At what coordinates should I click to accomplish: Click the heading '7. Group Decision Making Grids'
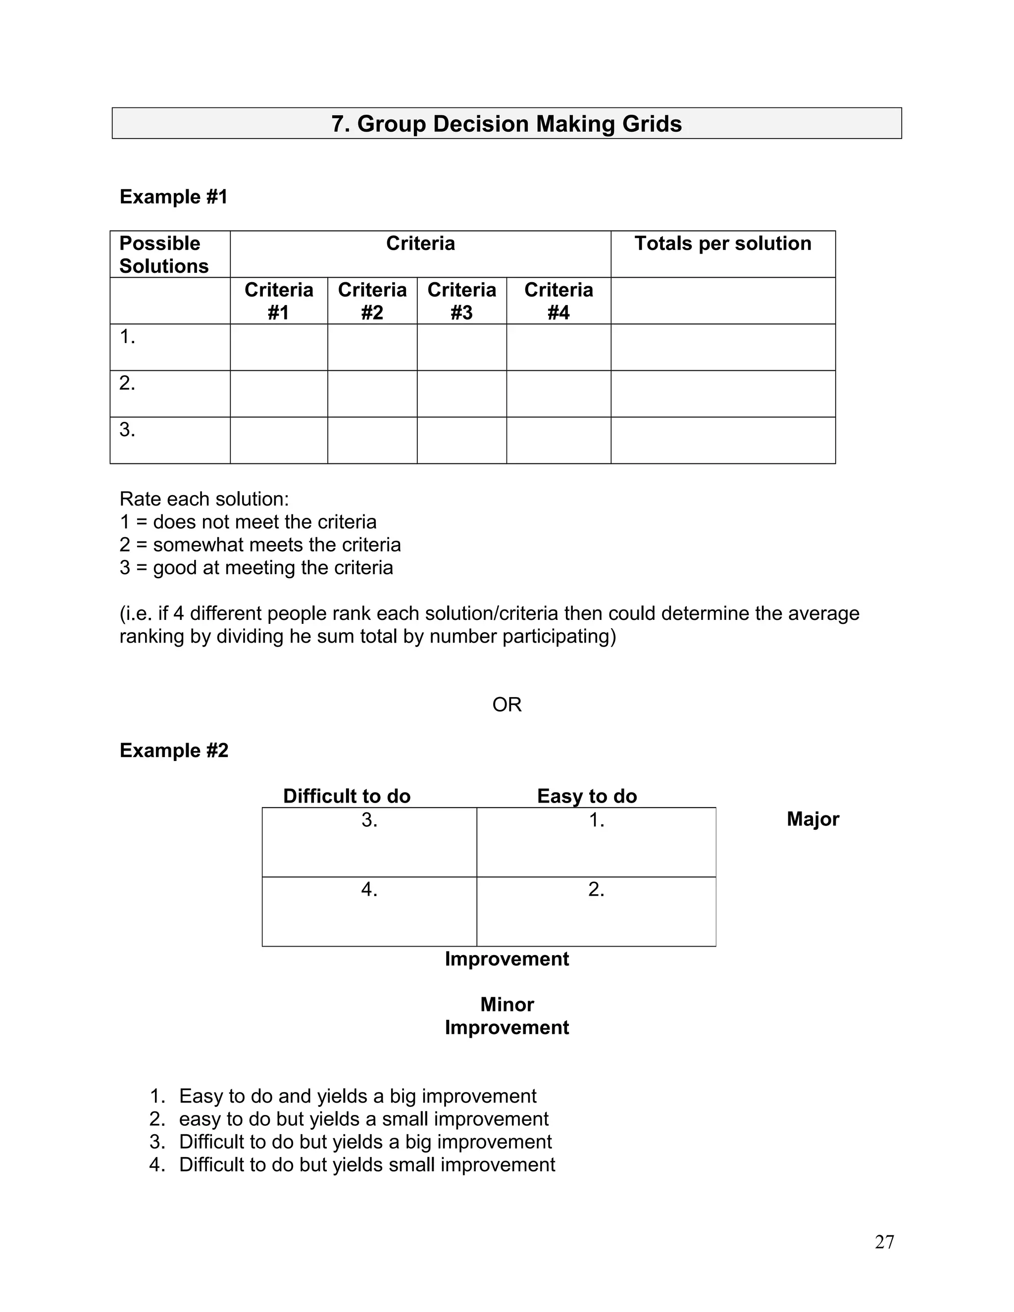[x=507, y=124]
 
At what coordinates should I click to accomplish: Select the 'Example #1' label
[x=174, y=197]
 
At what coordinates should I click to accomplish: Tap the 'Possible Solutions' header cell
[x=163, y=254]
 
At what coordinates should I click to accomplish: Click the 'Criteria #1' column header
[x=279, y=301]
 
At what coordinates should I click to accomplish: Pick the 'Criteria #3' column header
[x=461, y=301]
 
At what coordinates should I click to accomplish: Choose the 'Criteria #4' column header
[x=558, y=301]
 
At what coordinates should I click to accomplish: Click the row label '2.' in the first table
[x=127, y=383]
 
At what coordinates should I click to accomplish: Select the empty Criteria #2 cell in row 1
[x=372, y=347]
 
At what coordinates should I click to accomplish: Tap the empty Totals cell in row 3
[x=723, y=440]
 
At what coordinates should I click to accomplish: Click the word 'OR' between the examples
[x=507, y=705]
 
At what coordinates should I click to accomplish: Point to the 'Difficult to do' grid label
[x=347, y=797]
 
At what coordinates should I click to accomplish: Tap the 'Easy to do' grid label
[x=586, y=797]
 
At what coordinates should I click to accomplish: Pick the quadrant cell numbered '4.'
[x=369, y=911]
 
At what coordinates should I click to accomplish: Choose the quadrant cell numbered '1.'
[x=596, y=842]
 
